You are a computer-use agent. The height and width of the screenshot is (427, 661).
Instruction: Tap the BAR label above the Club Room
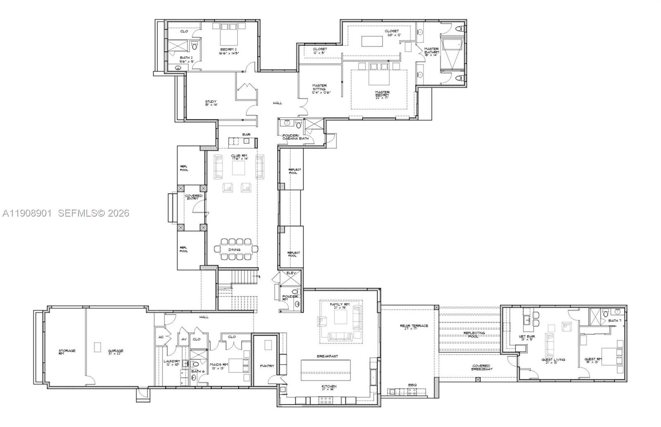(247, 134)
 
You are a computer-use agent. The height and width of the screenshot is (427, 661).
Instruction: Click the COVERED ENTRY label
(193, 197)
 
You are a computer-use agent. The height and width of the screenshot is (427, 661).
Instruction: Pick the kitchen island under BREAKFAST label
(326, 370)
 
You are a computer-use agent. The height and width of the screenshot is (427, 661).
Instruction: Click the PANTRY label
(266, 366)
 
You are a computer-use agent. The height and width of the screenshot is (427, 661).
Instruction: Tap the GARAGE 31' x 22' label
(116, 352)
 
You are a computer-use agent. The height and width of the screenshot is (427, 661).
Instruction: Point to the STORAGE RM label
(67, 352)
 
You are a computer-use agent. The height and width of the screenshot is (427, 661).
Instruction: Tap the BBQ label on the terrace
(412, 385)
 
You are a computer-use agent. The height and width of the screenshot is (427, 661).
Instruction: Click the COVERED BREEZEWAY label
(481, 367)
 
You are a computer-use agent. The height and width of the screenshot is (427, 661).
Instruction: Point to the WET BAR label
(527, 338)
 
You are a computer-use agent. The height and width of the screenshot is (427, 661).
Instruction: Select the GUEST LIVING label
(554, 361)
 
